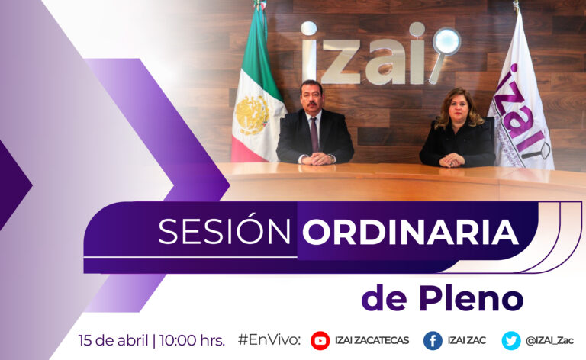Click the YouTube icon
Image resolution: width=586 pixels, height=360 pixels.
click(320, 341)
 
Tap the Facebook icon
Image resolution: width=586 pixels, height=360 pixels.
click(433, 341)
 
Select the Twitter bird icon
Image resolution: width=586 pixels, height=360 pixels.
click(511, 341)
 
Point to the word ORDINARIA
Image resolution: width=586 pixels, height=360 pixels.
click(411, 232)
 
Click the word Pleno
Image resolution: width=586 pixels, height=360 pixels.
click(471, 298)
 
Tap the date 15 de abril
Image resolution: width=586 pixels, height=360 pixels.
click(113, 341)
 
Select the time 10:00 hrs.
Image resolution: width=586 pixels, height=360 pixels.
click(192, 341)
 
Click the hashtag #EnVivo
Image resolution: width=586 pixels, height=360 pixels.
click(269, 340)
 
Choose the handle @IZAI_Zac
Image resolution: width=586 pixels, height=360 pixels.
click(549, 341)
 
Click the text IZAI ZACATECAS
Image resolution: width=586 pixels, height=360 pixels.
click(372, 341)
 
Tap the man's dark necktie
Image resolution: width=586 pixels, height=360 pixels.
click(314, 134)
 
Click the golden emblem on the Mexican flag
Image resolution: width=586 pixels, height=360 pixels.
click(253, 115)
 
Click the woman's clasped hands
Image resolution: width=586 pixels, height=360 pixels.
click(452, 160)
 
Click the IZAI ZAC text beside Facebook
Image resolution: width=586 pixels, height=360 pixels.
click(467, 341)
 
